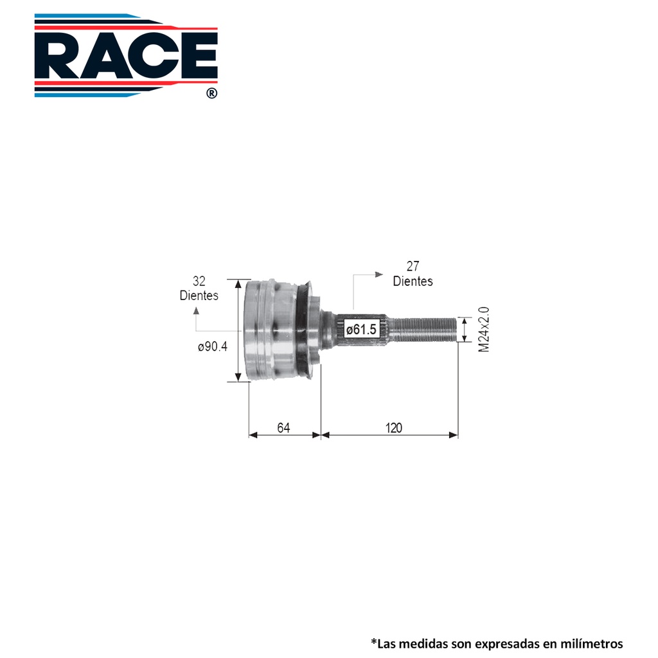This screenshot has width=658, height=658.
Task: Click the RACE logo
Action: click(126, 55)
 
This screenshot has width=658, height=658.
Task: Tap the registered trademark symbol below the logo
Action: click(212, 93)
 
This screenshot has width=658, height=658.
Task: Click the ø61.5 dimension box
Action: click(361, 329)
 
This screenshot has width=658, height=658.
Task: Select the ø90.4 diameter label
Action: click(213, 346)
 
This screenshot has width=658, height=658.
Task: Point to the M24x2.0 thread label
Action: click(484, 330)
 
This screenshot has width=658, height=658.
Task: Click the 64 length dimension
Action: click(283, 427)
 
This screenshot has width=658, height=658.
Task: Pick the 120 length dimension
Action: click(394, 427)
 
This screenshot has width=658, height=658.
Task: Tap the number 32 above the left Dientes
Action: click(199, 281)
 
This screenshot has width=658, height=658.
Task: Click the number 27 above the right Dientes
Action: click(413, 266)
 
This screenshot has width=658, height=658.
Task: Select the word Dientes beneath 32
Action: click(199, 296)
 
